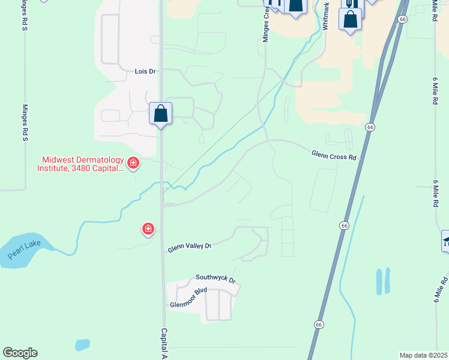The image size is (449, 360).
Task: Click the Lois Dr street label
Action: pyautogui.click(x=145, y=71)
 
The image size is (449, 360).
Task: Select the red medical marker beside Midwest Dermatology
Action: pyautogui.click(x=133, y=163)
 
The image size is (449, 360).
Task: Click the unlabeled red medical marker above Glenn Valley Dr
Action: pyautogui.click(x=148, y=229)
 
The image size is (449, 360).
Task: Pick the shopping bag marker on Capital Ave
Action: pyautogui.click(x=160, y=113)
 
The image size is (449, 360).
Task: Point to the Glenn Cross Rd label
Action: pyautogui.click(x=334, y=155)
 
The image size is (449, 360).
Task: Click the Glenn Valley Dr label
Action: pyautogui.click(x=190, y=246)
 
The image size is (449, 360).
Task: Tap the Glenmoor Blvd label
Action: pyautogui.click(x=188, y=297)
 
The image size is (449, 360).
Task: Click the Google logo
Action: pyautogui.click(x=20, y=353)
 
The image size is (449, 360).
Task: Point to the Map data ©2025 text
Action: pyautogui.click(x=423, y=355)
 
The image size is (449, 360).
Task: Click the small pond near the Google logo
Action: pyautogui.click(x=83, y=345)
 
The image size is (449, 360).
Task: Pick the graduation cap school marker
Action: pyautogui.click(x=446, y=241)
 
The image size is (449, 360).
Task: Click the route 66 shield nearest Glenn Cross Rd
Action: pyautogui.click(x=370, y=127)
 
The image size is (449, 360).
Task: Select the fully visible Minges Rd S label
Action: pyautogui.click(x=25, y=123)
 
